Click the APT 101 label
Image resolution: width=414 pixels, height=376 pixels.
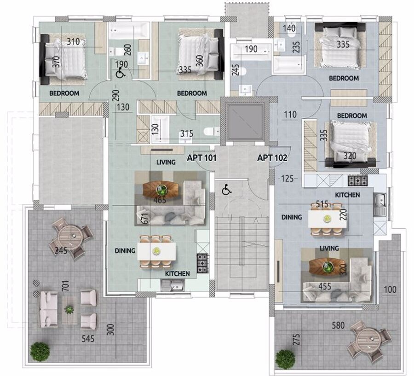[202, 158]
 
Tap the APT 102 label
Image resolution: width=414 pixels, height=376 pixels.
[272, 158]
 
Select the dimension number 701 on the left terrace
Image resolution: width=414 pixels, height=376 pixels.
[66, 286]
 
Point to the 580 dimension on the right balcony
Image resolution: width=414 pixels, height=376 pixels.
[338, 325]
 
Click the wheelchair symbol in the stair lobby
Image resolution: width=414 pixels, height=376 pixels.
[226, 190]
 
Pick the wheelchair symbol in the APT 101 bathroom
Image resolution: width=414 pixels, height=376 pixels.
[121, 73]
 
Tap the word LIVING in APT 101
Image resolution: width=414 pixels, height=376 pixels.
[166, 162]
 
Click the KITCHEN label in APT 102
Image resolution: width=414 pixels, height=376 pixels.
[347, 195]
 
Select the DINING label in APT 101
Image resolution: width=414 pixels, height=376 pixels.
[125, 250]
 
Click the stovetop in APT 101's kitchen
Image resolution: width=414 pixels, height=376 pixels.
[203, 263]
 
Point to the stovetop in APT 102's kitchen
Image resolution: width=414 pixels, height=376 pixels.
[358, 181]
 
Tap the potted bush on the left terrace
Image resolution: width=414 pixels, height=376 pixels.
[40, 352]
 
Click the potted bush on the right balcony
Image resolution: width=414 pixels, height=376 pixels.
[285, 359]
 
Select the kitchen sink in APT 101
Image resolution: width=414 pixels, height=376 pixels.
[173, 285]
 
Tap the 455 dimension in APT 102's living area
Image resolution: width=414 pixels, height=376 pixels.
[325, 286]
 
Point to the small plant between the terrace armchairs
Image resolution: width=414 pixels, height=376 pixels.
[69, 309]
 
